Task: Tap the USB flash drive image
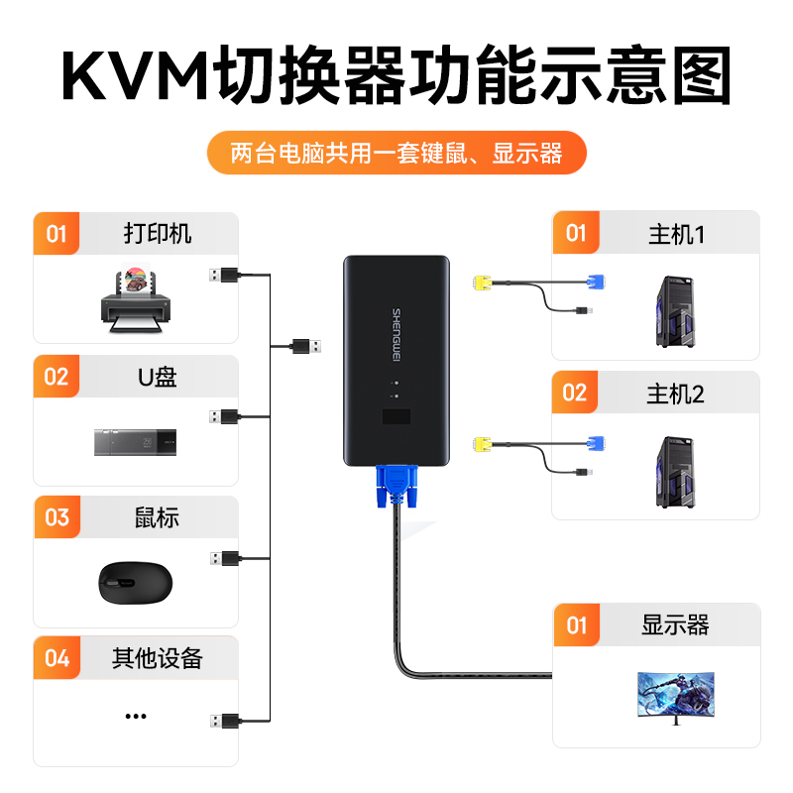(x=136, y=441)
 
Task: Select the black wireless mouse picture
(x=136, y=581)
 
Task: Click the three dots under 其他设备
(x=136, y=716)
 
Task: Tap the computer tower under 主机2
(x=676, y=472)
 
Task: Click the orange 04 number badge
(x=57, y=658)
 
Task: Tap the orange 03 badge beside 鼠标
(x=57, y=517)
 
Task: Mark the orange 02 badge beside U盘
(x=57, y=377)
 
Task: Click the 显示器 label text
(x=676, y=625)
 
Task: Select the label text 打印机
(x=158, y=234)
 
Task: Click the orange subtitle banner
(x=396, y=154)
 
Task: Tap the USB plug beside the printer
(x=223, y=275)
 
